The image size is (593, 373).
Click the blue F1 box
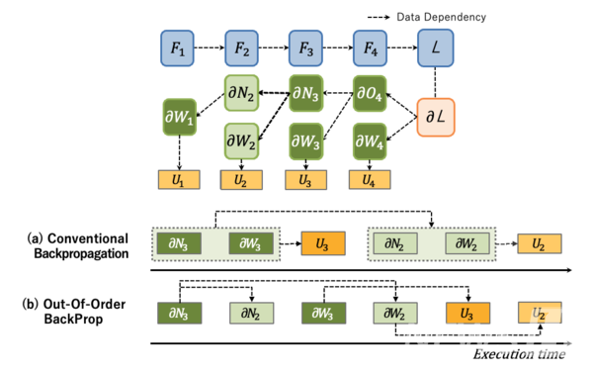(x=178, y=47)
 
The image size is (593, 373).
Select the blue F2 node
(x=242, y=47)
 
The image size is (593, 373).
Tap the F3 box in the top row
(x=305, y=47)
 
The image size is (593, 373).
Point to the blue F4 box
(x=370, y=47)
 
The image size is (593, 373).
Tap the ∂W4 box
(x=370, y=140)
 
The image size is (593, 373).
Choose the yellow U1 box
(x=178, y=180)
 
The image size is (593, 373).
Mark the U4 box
(x=370, y=180)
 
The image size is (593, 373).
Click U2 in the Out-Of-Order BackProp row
(x=539, y=313)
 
